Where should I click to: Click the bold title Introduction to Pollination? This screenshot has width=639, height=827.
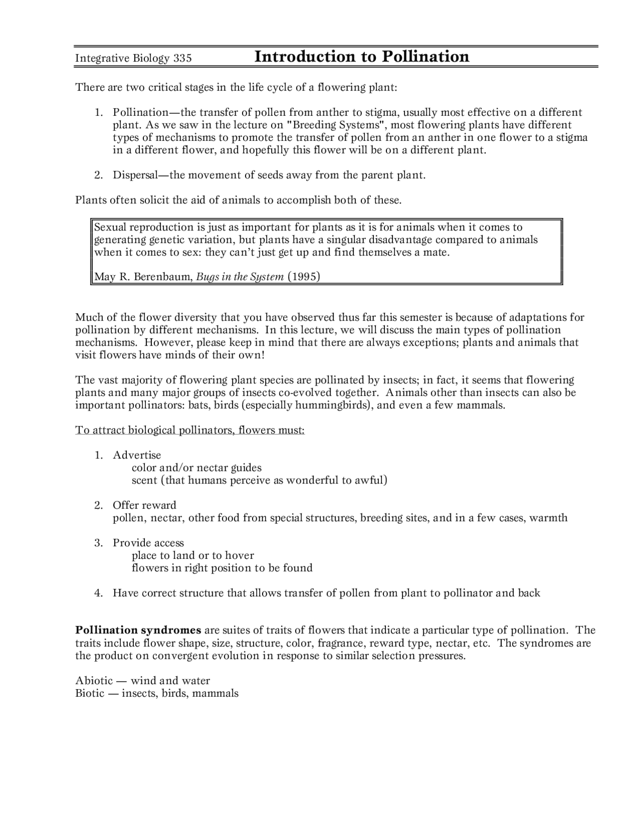tap(362, 56)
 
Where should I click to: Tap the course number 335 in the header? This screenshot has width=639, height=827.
tap(183, 58)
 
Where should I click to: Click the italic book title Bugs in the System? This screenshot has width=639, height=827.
tap(240, 277)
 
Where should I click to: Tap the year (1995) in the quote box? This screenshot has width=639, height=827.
tap(304, 277)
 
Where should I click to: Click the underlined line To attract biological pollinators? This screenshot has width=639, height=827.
tap(190, 430)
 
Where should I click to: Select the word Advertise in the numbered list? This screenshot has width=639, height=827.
tap(137, 455)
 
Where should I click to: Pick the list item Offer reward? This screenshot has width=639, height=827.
tap(144, 505)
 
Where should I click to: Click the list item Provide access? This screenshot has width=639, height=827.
tap(148, 543)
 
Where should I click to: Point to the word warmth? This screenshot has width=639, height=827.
tap(548, 518)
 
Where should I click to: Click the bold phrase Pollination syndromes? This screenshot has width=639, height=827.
tap(138, 630)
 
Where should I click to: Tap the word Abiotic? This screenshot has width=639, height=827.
tap(93, 681)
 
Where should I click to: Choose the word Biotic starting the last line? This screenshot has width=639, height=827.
tap(90, 693)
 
